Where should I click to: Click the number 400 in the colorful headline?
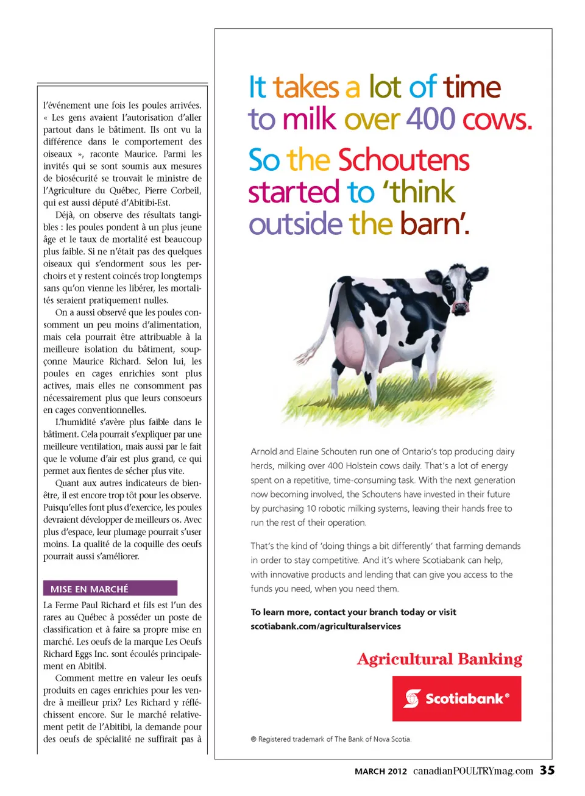pyautogui.click(x=431, y=119)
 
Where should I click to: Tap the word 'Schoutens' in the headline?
pyautogui.click(x=403, y=160)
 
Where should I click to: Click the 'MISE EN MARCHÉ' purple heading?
pyautogui.click(x=110, y=589)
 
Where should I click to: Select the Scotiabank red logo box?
pyautogui.click(x=456, y=698)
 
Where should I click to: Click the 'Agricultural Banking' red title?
pyautogui.click(x=439, y=659)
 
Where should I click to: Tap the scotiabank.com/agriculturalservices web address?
pyautogui.click(x=325, y=626)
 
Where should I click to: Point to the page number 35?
pyautogui.click(x=547, y=770)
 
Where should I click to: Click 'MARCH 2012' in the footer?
pyautogui.click(x=380, y=771)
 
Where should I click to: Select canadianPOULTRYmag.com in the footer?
pyautogui.click(x=473, y=771)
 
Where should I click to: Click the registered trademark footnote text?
pyautogui.click(x=331, y=739)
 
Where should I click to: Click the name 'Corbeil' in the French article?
pyautogui.click(x=185, y=190)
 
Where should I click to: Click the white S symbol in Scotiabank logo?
pyautogui.click(x=413, y=698)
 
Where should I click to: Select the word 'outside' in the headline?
pyautogui.click(x=296, y=224)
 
